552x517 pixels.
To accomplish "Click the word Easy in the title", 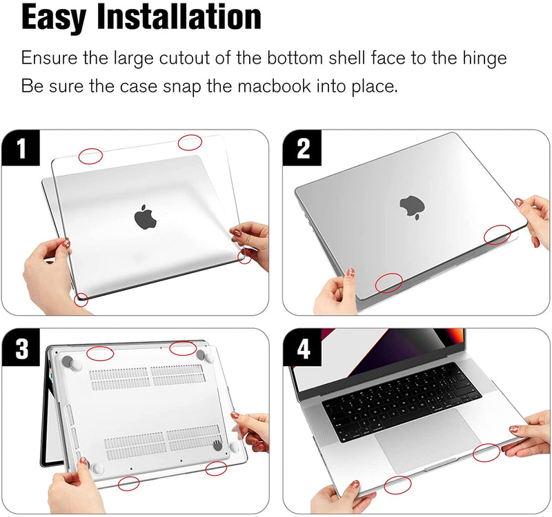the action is coord(54,18).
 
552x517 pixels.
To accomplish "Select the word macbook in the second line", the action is coord(274,85).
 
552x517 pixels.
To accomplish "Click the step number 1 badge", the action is coord(21,148).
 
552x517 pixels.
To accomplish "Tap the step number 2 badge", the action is coord(302,148).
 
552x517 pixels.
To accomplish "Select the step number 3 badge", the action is coord(21,348).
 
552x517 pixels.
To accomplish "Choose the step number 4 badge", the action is coord(302,348).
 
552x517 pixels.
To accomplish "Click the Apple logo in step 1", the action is coord(146,216).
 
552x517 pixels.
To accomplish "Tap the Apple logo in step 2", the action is coord(412,207).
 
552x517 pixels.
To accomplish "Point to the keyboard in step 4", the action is coord(402,401).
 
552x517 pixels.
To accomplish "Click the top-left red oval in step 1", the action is coord(90,156).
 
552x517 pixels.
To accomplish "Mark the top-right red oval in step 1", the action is coord(190,143).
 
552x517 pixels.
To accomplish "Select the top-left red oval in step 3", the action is coord(100,353).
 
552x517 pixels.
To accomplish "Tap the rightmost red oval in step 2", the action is coord(497,235).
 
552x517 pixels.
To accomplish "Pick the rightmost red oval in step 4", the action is coord(486,453).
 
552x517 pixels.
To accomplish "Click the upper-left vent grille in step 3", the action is coord(119,378).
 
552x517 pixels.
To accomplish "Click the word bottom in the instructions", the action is coord(295,58).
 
